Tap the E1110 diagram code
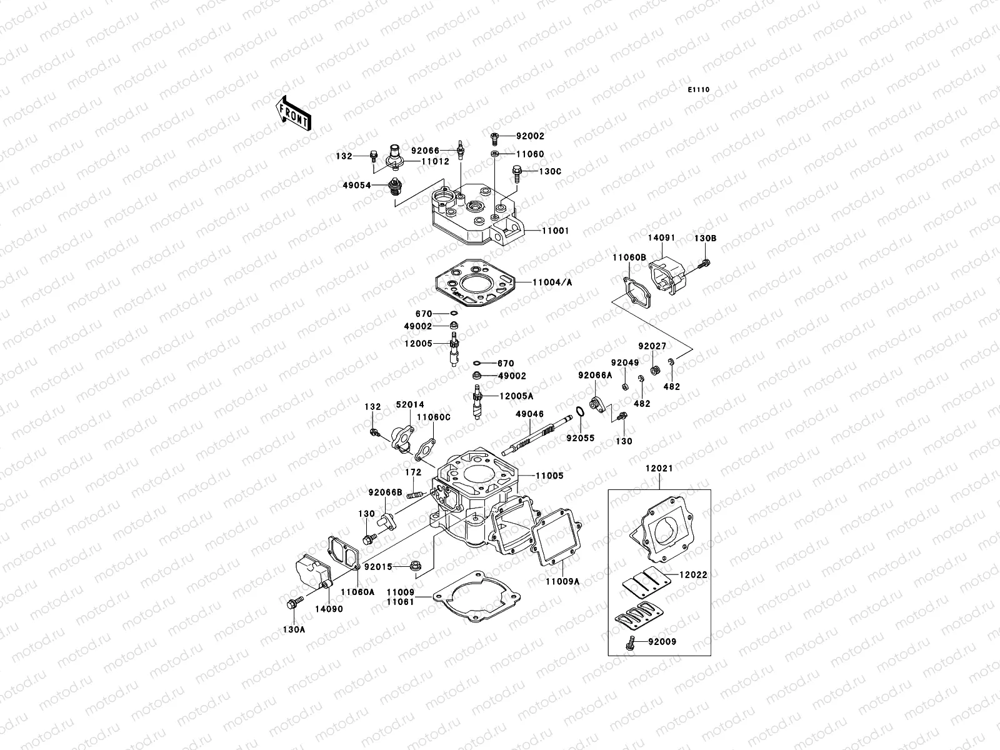699,90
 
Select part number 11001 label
555,231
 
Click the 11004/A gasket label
552,282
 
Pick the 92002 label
530,136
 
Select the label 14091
661,238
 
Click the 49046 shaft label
529,414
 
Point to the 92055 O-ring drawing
579,412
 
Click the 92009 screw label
662,642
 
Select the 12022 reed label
677,574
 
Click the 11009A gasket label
562,581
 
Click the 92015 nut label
378,567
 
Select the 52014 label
409,405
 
